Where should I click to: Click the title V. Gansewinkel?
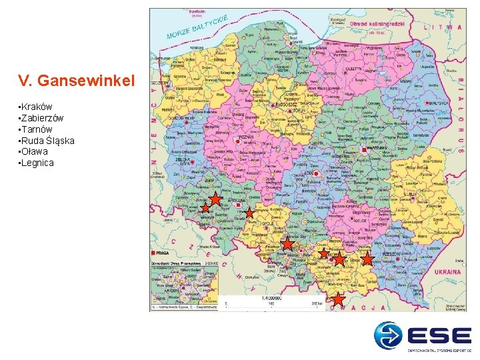77,81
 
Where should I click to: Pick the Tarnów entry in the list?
37,129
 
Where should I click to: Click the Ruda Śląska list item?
47,141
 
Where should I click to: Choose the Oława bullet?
35,151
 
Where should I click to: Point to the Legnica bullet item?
37,163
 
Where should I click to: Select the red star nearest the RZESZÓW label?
367,259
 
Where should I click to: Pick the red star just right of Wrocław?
249,213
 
